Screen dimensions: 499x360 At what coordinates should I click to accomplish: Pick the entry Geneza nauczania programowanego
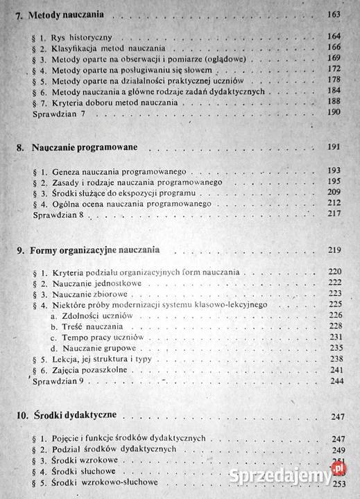[112, 170]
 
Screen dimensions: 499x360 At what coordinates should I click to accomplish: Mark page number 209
[337, 193]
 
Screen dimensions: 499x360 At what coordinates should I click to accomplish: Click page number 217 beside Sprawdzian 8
[337, 216]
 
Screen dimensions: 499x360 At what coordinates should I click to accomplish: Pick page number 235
[337, 348]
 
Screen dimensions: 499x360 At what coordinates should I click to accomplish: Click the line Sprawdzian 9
[57, 382]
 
